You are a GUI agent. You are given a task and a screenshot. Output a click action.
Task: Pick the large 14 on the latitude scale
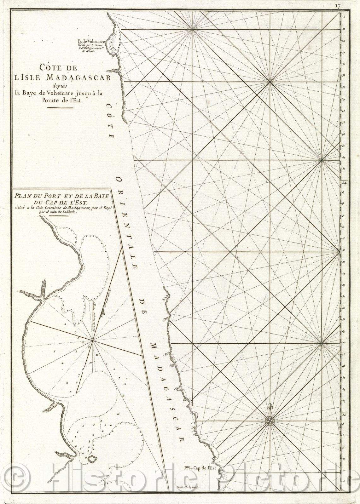[x=344, y=183]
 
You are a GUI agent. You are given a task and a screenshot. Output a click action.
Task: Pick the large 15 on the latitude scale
[x=344, y=414]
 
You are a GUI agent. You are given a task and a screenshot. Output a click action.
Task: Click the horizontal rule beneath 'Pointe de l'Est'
[x=60, y=108]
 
